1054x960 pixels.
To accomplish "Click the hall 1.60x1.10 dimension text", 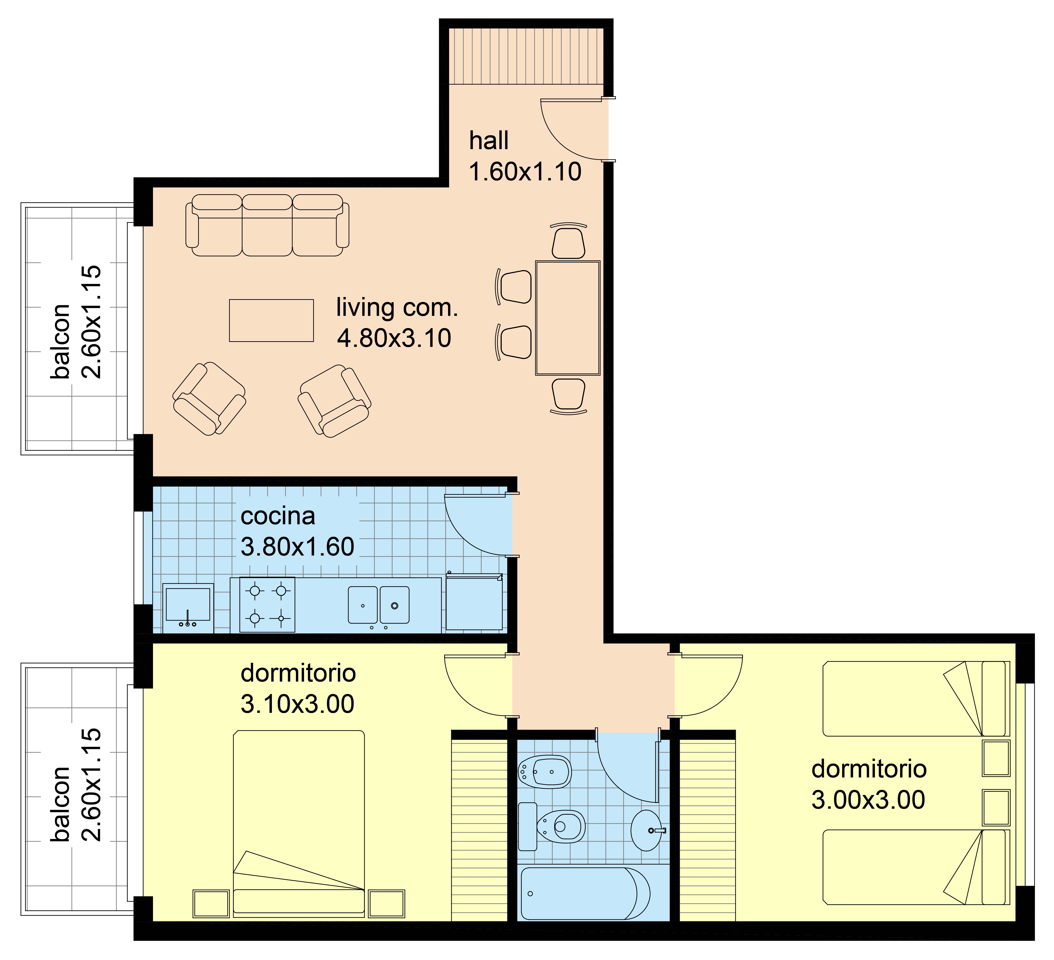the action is pyautogui.click(x=525, y=172).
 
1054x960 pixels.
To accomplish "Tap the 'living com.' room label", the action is pyautogui.click(x=397, y=308).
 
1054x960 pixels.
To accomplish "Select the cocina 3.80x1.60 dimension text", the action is pyautogui.click(x=297, y=547).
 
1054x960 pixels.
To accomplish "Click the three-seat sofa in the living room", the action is pyautogui.click(x=267, y=225).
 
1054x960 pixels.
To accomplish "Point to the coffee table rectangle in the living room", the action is pyautogui.click(x=271, y=321).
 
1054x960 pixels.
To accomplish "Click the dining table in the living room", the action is pyautogui.click(x=568, y=318).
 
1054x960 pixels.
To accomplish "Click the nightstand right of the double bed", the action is pyautogui.click(x=386, y=904).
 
